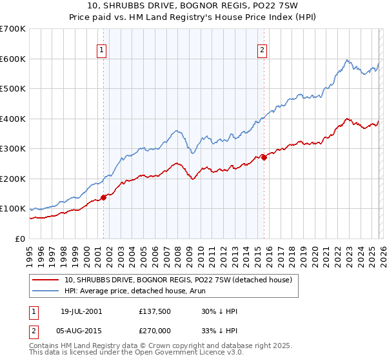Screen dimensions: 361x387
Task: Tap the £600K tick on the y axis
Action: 12,59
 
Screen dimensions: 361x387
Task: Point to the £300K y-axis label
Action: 12,148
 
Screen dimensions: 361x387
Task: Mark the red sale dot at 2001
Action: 103,197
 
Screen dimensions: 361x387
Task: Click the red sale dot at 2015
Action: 264,157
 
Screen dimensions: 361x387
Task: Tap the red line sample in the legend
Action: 46,280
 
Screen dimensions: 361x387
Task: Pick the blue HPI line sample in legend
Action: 46,291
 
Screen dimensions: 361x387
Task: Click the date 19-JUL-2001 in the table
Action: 81,311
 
